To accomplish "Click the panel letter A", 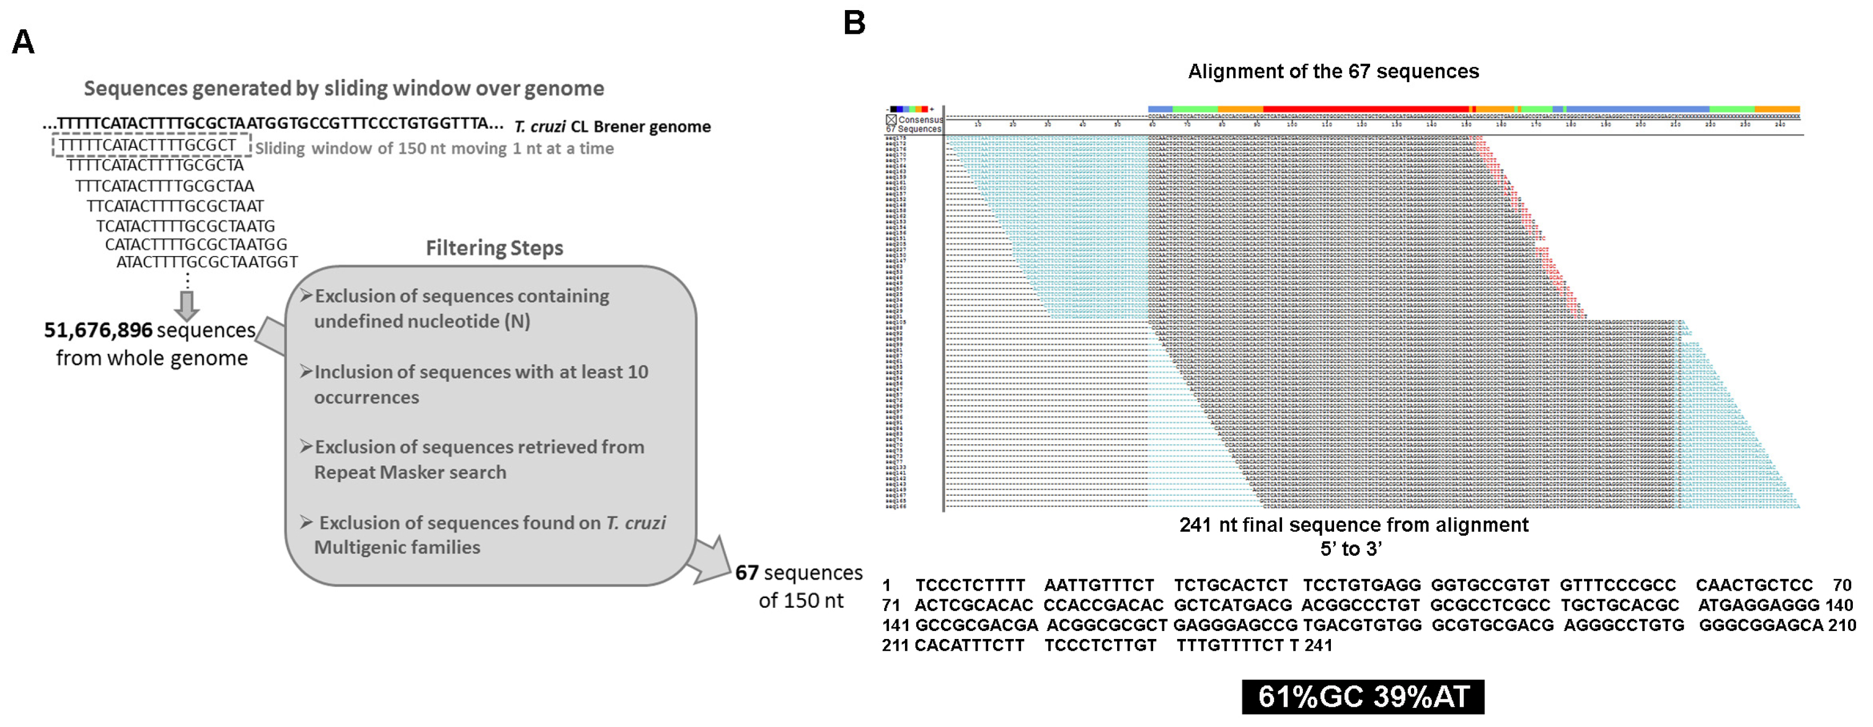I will pyautogui.click(x=23, y=42).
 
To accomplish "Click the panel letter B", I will pyautogui.click(x=855, y=23).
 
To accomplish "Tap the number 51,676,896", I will pyautogui.click(x=98, y=331).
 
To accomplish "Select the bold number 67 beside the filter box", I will pyautogui.click(x=747, y=573).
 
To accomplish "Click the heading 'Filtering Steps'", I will pyautogui.click(x=494, y=248).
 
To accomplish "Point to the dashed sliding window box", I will pyautogui.click(x=151, y=145).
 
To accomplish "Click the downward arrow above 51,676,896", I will pyautogui.click(x=187, y=305).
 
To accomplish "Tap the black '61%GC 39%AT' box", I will pyautogui.click(x=1363, y=696).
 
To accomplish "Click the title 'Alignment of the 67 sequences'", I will pyautogui.click(x=1334, y=71).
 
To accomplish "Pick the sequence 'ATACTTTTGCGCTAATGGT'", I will pyautogui.click(x=207, y=262).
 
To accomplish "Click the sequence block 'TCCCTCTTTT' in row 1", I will pyautogui.click(x=970, y=585).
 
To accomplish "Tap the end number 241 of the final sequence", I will pyautogui.click(x=1318, y=645).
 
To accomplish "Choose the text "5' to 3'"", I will pyautogui.click(x=1350, y=549).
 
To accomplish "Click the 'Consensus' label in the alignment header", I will pyautogui.click(x=920, y=120).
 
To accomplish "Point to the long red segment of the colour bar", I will pyautogui.click(x=1366, y=109).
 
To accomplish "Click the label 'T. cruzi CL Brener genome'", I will pyautogui.click(x=612, y=127).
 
